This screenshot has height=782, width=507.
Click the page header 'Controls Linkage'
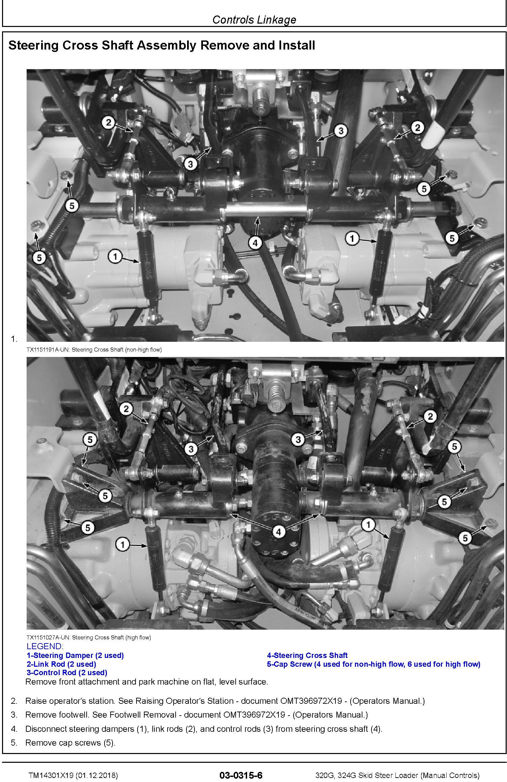coord(254,20)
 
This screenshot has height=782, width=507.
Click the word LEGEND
coord(44,646)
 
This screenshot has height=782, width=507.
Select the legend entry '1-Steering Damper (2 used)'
coord(75,656)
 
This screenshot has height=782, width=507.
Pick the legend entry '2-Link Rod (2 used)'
coord(61,664)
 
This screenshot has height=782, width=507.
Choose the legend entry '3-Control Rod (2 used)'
coord(67,672)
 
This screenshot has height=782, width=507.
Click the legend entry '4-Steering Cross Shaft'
coord(307,656)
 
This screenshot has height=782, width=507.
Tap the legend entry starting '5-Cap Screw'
coord(374,664)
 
